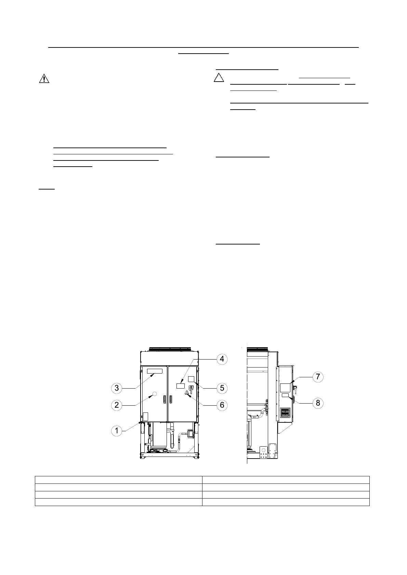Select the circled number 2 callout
[x=117, y=405]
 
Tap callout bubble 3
[x=117, y=388]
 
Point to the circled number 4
[x=222, y=359]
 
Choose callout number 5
[x=222, y=388]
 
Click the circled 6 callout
[x=222, y=405]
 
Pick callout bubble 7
[x=318, y=377]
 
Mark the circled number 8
[x=318, y=403]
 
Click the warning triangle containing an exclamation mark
[x=44, y=79]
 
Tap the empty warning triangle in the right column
[x=219, y=78]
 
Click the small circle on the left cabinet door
[x=154, y=394]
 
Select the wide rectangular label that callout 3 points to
[x=155, y=371]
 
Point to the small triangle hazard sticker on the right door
[x=187, y=392]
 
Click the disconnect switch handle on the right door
[x=192, y=388]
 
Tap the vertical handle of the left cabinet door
[x=165, y=399]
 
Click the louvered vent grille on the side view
[x=285, y=412]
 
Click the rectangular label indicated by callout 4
[x=180, y=386]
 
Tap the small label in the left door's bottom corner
[x=145, y=416]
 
